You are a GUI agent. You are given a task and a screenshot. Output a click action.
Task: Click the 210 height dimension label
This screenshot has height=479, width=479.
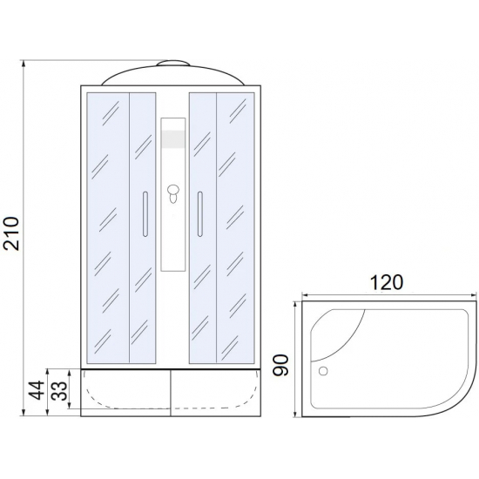tap(11, 233)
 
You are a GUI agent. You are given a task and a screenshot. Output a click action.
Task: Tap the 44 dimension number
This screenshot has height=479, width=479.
tap(36, 390)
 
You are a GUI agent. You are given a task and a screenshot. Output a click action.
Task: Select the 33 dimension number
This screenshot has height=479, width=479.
tap(58, 390)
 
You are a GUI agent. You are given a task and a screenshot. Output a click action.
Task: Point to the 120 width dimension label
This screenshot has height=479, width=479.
tap(387, 282)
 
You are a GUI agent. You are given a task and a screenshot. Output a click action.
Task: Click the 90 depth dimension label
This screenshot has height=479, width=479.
tap(280, 365)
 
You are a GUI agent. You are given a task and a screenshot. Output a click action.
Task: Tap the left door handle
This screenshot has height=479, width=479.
tap(145, 214)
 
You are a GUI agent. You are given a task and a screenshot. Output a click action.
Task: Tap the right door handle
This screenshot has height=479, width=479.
tap(199, 214)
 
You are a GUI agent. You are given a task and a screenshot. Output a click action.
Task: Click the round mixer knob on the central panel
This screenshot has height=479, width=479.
tap(173, 190)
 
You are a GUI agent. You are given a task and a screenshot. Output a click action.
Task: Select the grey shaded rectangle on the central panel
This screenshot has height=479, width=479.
tap(173, 139)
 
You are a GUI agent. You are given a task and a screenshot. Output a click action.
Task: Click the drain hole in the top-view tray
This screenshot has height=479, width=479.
tap(323, 371)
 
